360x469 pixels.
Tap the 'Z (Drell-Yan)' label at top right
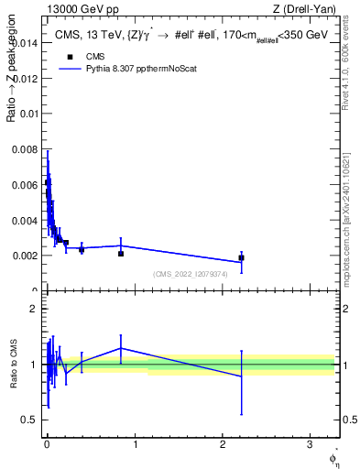point(304,10)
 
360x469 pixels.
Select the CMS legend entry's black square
point(70,56)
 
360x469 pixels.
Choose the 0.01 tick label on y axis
point(27,114)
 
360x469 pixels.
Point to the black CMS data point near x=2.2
point(241,257)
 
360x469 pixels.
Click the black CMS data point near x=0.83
point(120,253)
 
